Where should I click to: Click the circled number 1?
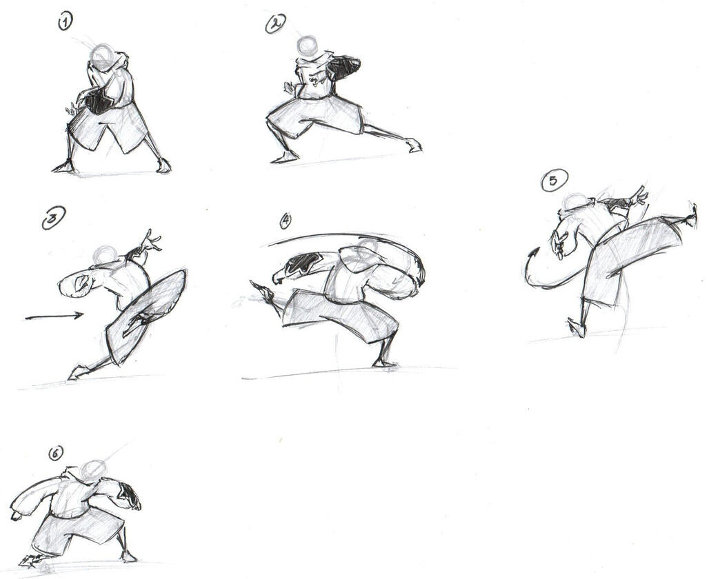[65, 21]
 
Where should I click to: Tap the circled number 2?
[275, 23]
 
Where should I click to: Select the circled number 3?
[54, 218]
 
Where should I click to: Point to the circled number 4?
[286, 220]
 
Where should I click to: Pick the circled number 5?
[554, 181]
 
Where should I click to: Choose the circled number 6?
[55, 453]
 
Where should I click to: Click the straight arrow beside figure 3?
[54, 316]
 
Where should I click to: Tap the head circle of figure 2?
[308, 46]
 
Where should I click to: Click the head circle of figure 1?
[103, 57]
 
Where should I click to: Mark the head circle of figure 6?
[94, 471]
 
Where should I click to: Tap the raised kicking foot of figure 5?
[690, 216]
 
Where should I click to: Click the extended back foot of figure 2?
[413, 145]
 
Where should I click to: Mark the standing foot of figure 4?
[384, 363]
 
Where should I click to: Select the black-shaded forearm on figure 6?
[130, 496]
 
